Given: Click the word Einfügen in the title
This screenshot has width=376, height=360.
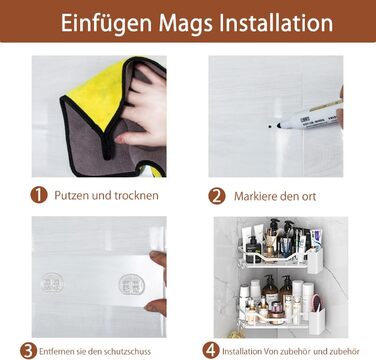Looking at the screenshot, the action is pos(106,23).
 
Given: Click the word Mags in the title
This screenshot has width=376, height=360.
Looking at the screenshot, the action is pos(186,23).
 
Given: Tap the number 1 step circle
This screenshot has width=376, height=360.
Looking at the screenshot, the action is pos(39,195).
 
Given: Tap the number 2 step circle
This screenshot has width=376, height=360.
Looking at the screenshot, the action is pos(217,196).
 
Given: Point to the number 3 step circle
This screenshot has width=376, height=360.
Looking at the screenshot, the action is pos(28,351).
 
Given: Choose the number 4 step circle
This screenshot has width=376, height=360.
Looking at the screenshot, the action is pos(211,351).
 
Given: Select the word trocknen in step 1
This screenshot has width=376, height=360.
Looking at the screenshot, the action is pos(136,195).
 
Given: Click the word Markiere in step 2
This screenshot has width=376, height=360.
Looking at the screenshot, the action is pos(256,196).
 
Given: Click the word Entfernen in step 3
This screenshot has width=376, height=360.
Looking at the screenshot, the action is pos(56,351).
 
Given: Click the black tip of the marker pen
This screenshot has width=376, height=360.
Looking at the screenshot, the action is pos(279,126).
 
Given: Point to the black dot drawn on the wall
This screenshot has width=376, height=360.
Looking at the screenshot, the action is pos(270,127).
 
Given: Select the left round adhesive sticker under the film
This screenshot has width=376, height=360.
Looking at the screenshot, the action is pos(52,283).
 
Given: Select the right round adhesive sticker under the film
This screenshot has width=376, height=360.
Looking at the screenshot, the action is pos(132,284).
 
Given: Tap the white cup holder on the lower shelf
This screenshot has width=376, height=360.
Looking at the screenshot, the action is pos(317,321).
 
